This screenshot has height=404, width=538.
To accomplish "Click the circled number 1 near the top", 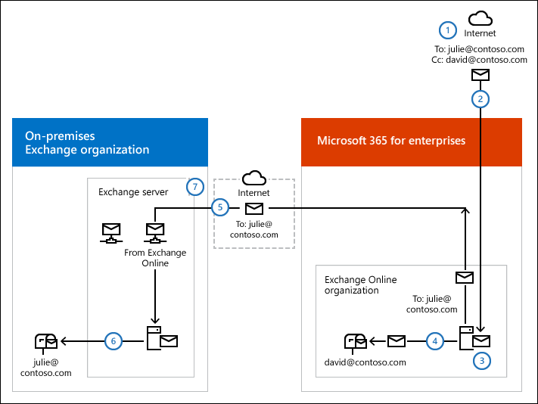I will [x=449, y=30].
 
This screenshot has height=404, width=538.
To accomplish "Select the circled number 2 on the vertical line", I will [x=480, y=98].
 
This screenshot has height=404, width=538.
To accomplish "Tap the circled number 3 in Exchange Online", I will [x=480, y=361].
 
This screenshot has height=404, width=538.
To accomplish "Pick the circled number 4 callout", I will [x=434, y=341].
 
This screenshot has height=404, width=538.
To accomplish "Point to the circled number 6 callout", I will [x=114, y=341].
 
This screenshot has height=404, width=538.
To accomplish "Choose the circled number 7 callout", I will [x=194, y=186].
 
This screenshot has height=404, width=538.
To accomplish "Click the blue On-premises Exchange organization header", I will [x=110, y=142].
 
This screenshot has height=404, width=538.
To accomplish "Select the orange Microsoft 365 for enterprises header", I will [x=412, y=141].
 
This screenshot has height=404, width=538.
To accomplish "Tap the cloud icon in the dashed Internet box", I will [x=253, y=179].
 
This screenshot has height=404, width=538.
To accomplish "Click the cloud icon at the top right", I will [x=480, y=18].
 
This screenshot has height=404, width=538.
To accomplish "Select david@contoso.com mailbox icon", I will [x=355, y=342].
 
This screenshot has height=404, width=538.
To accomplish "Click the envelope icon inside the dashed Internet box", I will [x=253, y=207].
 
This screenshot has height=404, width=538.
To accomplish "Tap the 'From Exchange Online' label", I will [x=155, y=258].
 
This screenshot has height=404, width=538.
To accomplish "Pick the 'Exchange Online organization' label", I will [x=360, y=284].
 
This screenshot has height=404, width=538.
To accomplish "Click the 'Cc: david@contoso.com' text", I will [x=476, y=59].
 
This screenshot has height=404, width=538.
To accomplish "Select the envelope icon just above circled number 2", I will [x=480, y=74].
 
